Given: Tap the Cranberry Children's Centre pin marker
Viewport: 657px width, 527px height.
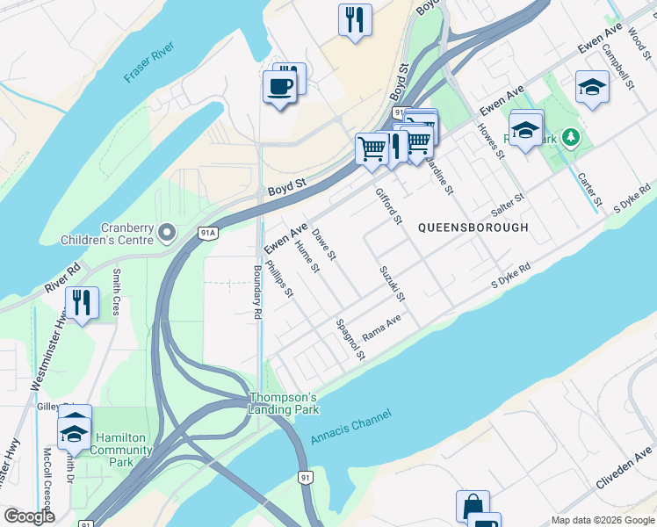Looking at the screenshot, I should [168, 232].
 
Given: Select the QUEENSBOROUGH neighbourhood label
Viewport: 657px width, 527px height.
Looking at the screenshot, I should [473, 227].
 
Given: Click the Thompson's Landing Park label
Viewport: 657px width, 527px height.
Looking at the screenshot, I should [283, 402].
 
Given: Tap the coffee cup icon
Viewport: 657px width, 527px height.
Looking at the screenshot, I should [280, 87].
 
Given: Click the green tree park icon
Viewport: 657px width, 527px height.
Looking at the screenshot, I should [571, 137].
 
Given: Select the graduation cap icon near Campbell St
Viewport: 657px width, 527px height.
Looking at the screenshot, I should [593, 87].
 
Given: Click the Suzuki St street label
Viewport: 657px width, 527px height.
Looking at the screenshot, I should [391, 284].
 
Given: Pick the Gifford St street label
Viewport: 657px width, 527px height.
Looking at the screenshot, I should [388, 206].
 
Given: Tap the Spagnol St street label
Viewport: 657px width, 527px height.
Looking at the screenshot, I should [350, 339].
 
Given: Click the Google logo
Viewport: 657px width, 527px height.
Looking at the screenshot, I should [29, 516].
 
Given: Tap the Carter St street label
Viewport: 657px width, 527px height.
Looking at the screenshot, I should [589, 190].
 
